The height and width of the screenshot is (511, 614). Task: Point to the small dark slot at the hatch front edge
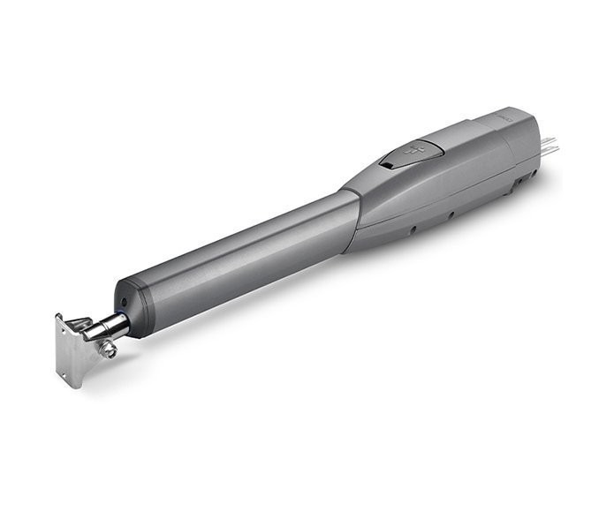(x=390, y=164)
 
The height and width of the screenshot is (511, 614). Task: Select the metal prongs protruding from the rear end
(x=549, y=145)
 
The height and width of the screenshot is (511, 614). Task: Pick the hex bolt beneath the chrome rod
(x=109, y=349)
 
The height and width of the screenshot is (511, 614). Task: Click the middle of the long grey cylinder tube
(x=239, y=252)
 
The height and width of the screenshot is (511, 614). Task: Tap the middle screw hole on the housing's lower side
(x=451, y=214)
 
